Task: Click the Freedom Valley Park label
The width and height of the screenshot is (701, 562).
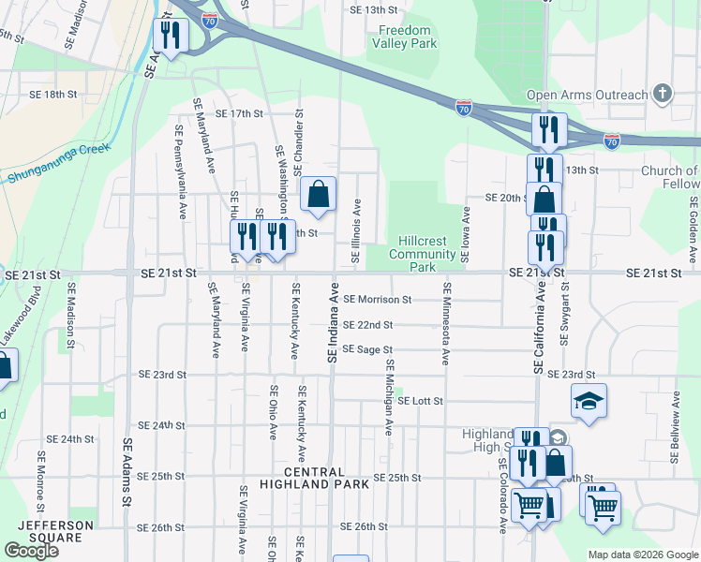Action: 404,37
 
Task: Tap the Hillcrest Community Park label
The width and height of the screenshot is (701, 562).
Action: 422,254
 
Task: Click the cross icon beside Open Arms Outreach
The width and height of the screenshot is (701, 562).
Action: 664,94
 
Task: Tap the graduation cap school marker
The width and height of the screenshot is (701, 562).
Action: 589,401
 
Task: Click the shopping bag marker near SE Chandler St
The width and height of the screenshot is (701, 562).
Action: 319,194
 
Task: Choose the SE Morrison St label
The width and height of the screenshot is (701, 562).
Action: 377,300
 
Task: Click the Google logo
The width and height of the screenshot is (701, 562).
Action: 31,550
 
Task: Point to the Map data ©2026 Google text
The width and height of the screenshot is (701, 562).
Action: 642,555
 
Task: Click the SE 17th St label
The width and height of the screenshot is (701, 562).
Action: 240,113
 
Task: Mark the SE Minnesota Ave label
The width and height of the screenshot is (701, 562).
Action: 446,324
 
